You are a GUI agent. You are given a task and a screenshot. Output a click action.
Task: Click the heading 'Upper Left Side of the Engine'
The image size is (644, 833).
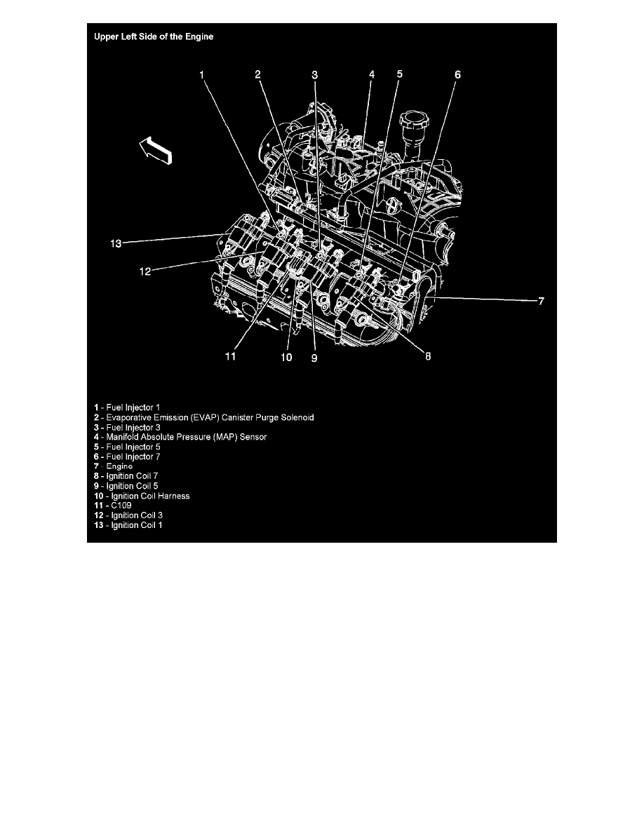pos(154,36)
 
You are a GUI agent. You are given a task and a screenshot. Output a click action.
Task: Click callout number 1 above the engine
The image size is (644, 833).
pos(201,74)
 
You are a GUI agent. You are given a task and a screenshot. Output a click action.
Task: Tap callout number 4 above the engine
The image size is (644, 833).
pos(372,74)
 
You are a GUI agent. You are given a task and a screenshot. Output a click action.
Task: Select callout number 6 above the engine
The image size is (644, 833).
pos(457,74)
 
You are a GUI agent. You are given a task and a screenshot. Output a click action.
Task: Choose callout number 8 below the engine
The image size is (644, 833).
pos(428,355)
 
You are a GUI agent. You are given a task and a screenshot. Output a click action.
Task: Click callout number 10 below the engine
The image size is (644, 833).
pos(287,357)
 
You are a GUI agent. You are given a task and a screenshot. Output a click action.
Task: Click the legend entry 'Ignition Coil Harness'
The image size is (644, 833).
pos(145,496)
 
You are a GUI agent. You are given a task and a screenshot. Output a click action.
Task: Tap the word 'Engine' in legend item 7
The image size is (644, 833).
pos(119,466)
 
